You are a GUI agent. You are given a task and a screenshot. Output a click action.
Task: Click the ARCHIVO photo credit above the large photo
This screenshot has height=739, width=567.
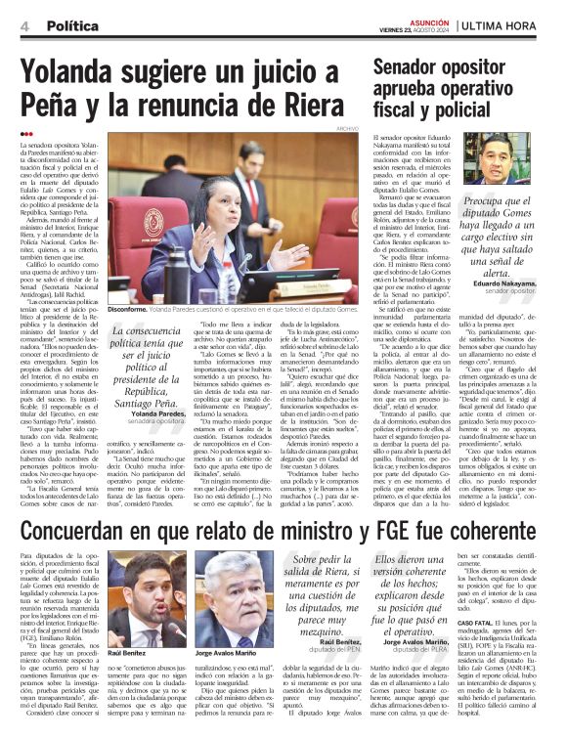point(346,128)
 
